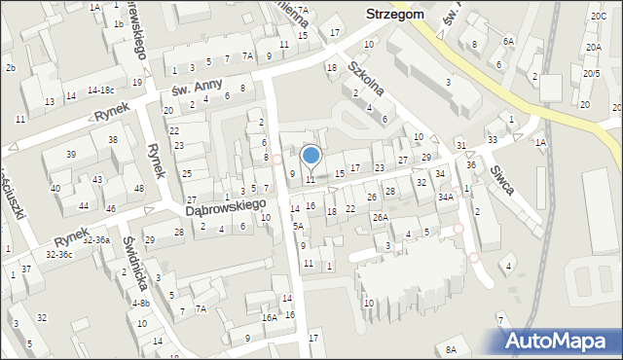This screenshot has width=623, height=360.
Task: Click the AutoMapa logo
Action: click(562, 340)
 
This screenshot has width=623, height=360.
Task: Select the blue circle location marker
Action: click(311, 155)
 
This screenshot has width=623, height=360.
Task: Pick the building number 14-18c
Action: click(101, 90)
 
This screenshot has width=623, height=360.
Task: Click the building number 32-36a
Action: click(95, 239)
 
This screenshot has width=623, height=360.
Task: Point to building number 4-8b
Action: click(140, 303)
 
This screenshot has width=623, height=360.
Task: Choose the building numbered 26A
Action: click(380, 217)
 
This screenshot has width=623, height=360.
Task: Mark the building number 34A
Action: click(445, 197)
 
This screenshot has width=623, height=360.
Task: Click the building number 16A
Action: click(269, 317)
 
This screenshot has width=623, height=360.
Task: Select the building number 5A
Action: click(299, 226)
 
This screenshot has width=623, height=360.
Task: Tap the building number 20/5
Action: click(591, 73)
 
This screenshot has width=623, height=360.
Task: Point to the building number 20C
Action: click(597, 17)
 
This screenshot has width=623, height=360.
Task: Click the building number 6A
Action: click(507, 41)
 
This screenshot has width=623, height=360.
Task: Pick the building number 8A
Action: click(450, 349)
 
